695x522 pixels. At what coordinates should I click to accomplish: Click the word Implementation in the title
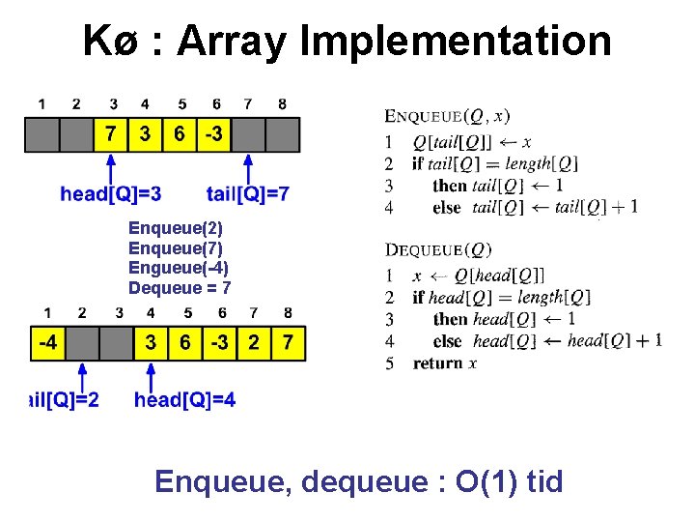point(456,42)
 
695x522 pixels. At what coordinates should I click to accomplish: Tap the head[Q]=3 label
point(111,194)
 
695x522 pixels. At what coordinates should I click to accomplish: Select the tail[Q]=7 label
point(248,194)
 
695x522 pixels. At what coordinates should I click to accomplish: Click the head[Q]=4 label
point(184,399)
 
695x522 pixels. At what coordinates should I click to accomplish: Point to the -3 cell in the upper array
point(212,135)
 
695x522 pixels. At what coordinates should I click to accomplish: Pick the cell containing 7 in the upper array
point(112,135)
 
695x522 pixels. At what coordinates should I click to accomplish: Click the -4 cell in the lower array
point(46,343)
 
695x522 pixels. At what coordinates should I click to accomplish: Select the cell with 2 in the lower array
point(252,343)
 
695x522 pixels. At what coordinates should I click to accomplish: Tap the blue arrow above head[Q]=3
point(110,167)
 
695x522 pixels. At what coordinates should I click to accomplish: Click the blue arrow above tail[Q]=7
point(249,167)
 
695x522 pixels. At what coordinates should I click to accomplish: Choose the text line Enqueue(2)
point(176,229)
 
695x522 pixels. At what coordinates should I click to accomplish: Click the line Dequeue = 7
point(180,287)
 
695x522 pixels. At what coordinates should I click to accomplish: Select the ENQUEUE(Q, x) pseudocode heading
point(447,117)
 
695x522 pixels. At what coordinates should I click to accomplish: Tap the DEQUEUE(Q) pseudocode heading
point(438,250)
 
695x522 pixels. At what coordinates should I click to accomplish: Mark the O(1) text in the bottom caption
point(485,480)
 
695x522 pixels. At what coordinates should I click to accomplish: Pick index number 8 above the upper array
point(281,103)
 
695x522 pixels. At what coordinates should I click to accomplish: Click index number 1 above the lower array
point(46,312)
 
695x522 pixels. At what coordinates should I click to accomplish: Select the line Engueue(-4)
point(179,268)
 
